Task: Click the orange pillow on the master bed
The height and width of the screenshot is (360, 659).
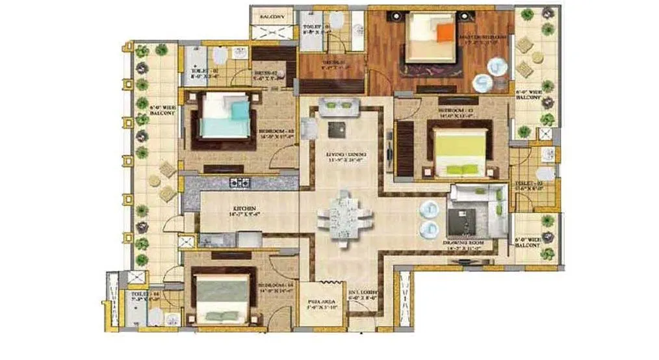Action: pos(444,32)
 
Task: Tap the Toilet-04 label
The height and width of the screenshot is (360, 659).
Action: pos(142,296)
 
